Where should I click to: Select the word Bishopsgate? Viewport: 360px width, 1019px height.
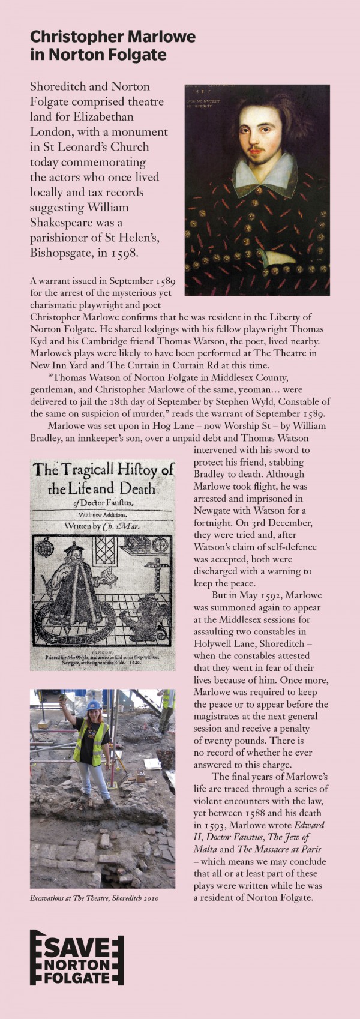57,253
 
